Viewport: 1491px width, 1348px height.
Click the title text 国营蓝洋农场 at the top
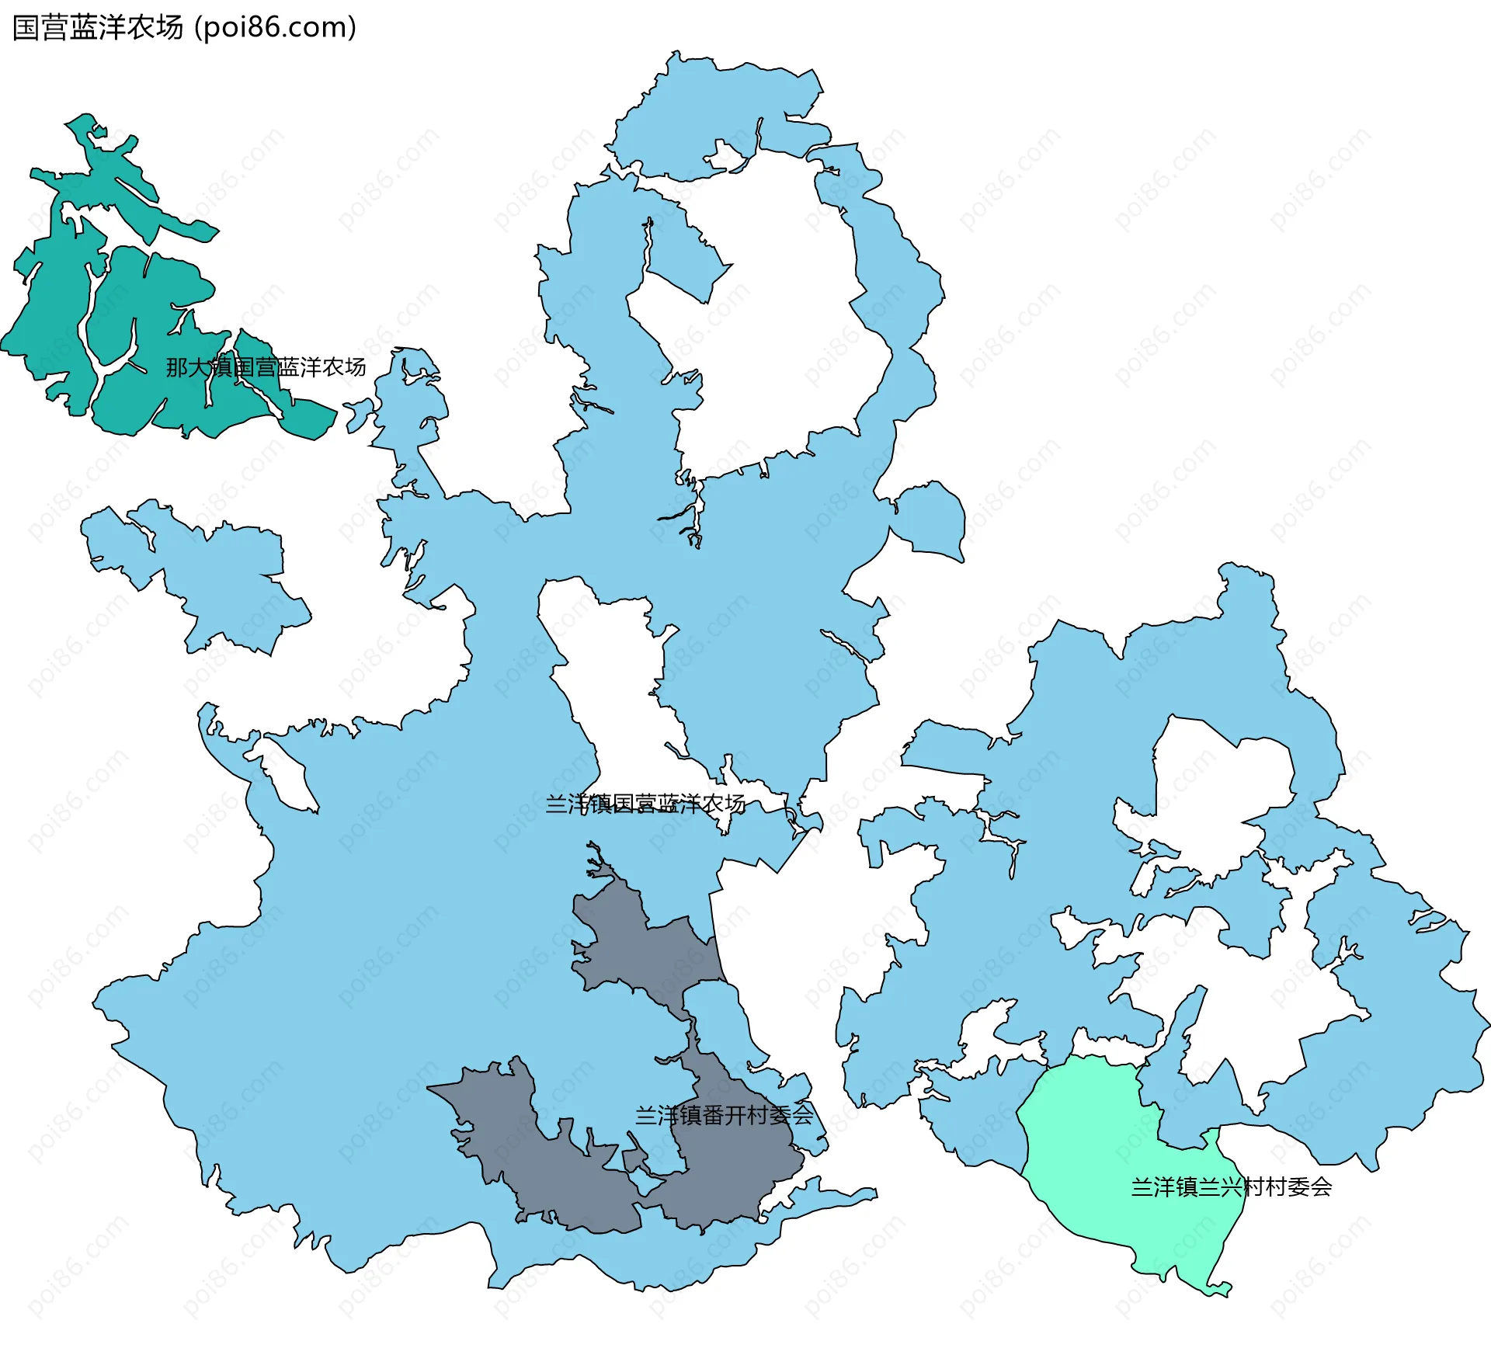pyautogui.click(x=98, y=28)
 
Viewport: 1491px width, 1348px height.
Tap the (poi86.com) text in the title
pyautogui.click(x=276, y=28)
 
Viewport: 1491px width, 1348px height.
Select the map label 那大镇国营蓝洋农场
pyautogui.click(x=266, y=367)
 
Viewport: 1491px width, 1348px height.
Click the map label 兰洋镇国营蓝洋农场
pyautogui.click(x=645, y=804)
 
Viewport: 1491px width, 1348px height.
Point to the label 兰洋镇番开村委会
pyautogui.click(x=724, y=1116)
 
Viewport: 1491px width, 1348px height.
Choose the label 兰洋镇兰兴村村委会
pyautogui.click(x=1231, y=1187)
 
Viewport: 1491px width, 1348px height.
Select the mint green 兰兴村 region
pyautogui.click(x=1103, y=1149)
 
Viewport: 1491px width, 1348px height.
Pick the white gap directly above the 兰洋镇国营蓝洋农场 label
pyautogui.click(x=613, y=699)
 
